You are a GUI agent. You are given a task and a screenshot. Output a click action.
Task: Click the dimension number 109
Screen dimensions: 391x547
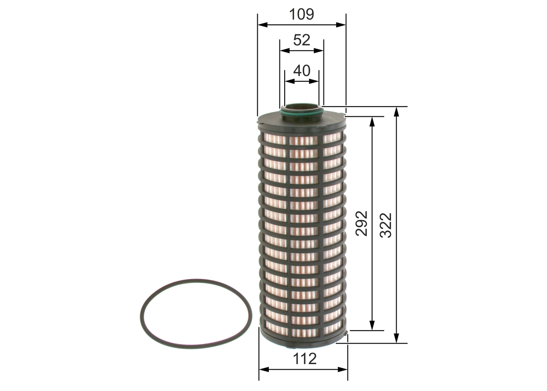(x=301, y=15)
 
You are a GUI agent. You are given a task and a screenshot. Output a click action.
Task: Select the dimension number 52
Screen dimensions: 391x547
(x=301, y=40)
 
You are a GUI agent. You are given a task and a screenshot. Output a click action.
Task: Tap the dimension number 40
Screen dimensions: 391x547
(x=302, y=71)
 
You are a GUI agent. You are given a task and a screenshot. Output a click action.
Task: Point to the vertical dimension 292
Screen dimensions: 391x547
(x=362, y=223)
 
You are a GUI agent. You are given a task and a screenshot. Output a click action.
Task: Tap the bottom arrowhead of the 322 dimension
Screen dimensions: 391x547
(x=397, y=338)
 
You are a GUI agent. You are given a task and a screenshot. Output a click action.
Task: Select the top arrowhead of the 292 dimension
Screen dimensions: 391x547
(x=372, y=121)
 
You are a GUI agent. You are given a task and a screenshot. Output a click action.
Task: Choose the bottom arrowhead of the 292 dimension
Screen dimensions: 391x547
(x=372, y=326)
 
